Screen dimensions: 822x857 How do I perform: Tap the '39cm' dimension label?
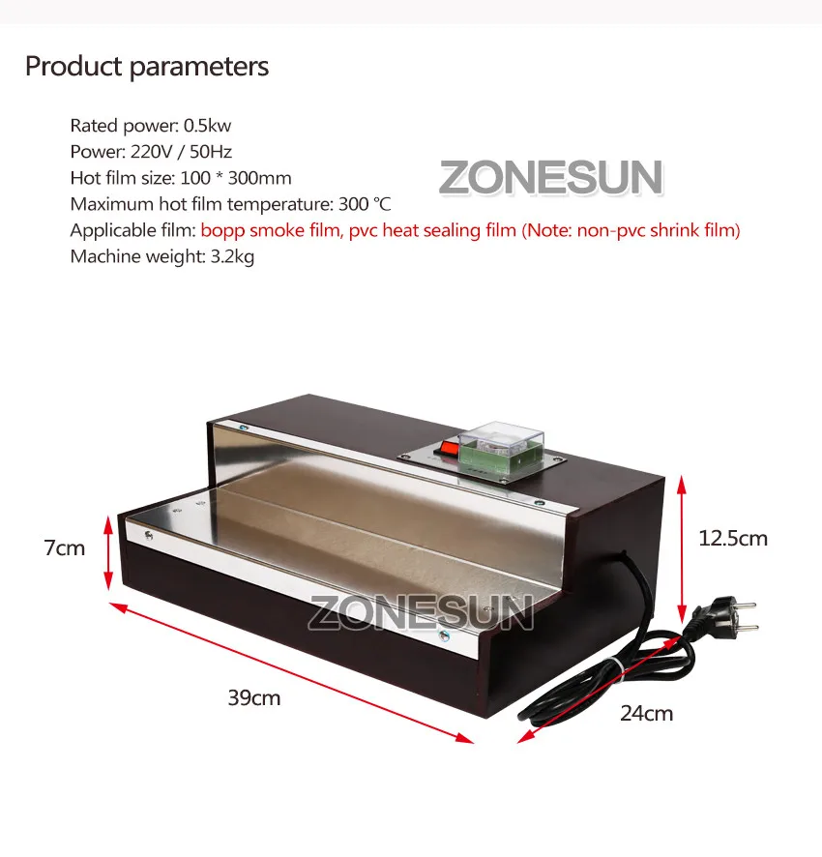coord(254,698)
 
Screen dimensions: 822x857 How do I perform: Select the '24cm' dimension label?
coord(647,713)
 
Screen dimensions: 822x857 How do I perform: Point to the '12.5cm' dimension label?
coord(733,539)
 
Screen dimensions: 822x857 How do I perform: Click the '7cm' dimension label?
coord(65,547)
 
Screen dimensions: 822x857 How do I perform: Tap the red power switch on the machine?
coord(449,449)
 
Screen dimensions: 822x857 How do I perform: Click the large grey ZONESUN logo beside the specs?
coord(551,178)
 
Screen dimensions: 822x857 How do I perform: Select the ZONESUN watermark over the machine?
coord(421,612)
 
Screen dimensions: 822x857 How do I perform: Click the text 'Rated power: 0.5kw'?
coord(150,126)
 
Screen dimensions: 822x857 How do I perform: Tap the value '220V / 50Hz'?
coord(181,152)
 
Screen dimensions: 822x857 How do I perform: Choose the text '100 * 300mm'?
coord(236,178)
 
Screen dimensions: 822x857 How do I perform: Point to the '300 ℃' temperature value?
coord(365,204)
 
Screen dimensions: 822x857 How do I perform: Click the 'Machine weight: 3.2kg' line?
coord(162,256)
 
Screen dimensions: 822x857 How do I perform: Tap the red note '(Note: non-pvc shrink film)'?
coord(631,230)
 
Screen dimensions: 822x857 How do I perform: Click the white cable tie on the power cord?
coord(619,669)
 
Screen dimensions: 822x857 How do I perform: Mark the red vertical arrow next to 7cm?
coord(108,552)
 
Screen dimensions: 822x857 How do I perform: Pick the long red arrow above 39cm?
coord(291,673)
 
